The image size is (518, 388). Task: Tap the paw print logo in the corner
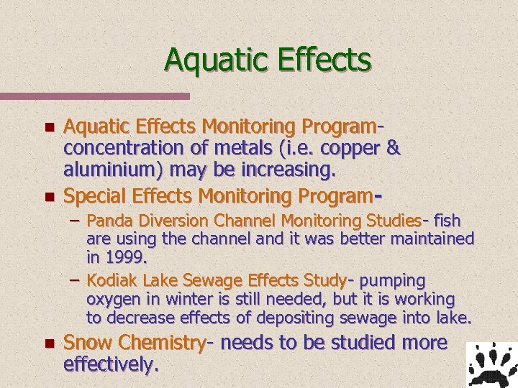491,364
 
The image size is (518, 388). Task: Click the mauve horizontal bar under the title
94,96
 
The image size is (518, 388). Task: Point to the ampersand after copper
393,148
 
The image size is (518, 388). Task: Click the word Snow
88,342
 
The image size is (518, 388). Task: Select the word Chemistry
163,343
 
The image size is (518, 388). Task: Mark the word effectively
110,364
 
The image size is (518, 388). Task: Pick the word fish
447,220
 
